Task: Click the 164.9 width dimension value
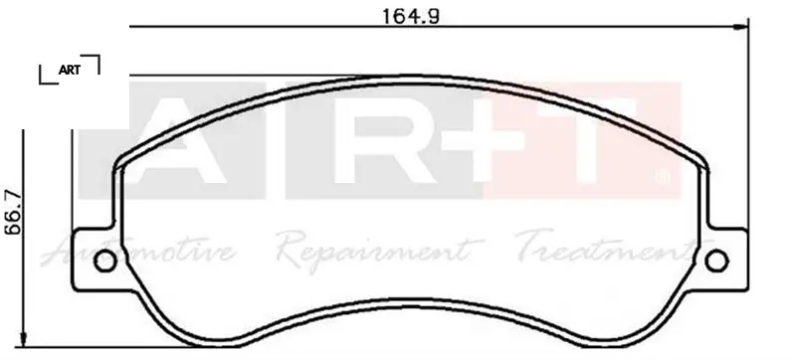point(410,15)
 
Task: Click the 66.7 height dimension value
point(14,212)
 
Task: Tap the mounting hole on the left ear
point(105,261)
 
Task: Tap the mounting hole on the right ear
point(716,261)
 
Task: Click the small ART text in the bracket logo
point(69,70)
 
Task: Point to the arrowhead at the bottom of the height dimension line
point(23,339)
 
